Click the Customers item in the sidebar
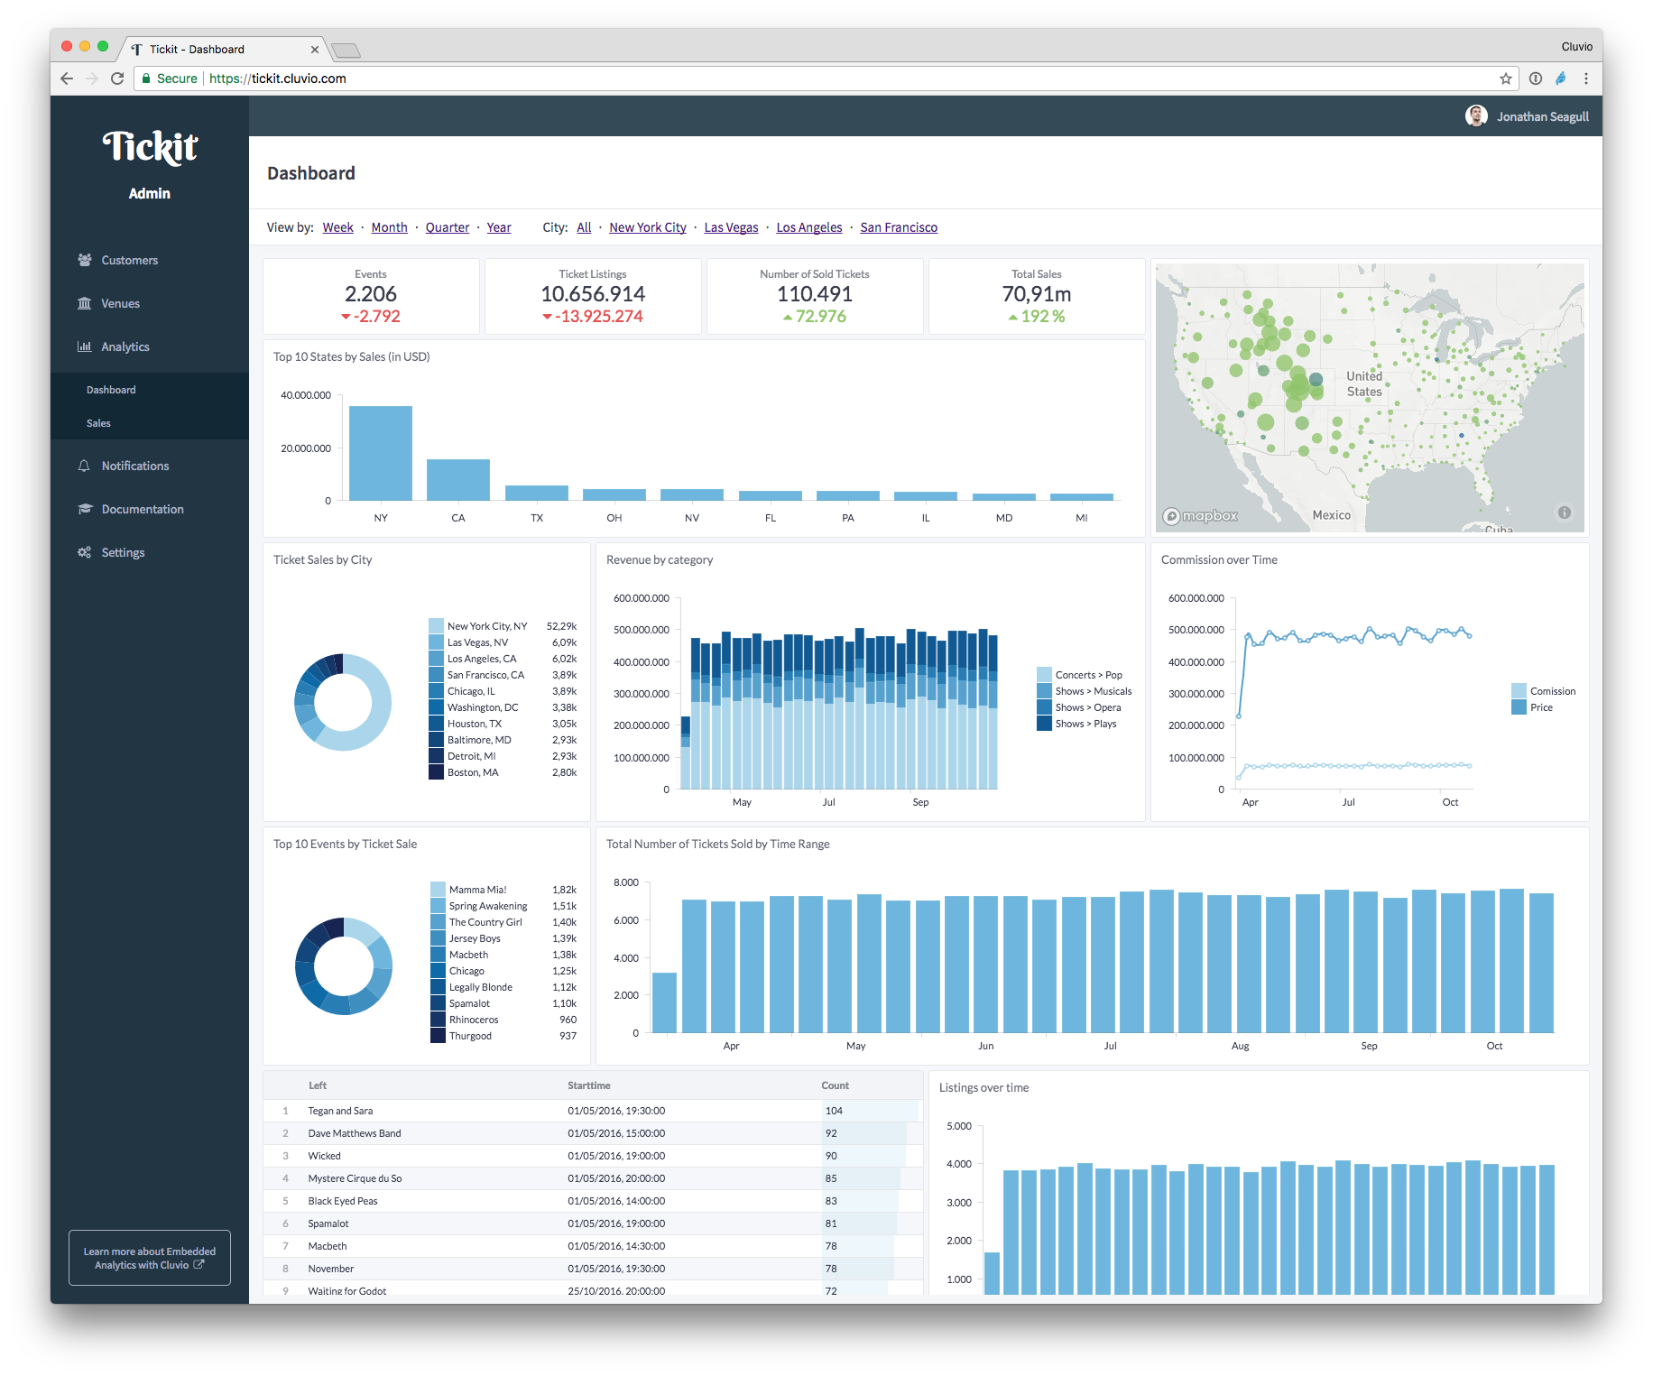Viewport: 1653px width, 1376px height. tap(129, 260)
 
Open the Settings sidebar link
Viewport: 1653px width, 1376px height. tap(123, 552)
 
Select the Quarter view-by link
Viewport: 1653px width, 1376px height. tap(448, 227)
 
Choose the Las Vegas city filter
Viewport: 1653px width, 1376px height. tap(731, 227)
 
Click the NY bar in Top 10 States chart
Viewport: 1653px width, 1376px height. tap(381, 453)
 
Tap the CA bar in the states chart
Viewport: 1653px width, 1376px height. tap(458, 479)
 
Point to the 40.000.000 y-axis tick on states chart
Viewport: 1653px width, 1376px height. tap(306, 395)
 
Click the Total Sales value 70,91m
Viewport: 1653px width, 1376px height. tap(1037, 294)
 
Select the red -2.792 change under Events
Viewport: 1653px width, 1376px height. tap(371, 317)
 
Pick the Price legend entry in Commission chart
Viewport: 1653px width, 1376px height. tap(1540, 707)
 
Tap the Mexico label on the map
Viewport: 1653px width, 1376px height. tap(1331, 515)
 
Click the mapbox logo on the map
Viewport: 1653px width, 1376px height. tap(1201, 516)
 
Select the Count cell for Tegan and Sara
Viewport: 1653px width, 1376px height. tap(834, 1111)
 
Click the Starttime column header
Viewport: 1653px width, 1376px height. tap(589, 1085)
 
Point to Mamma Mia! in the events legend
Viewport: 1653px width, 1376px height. tap(477, 890)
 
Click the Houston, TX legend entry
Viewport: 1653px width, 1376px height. tap(474, 724)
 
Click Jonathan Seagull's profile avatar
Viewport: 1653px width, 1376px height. tap(1476, 116)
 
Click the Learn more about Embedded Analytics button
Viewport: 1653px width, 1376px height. tap(150, 1258)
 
